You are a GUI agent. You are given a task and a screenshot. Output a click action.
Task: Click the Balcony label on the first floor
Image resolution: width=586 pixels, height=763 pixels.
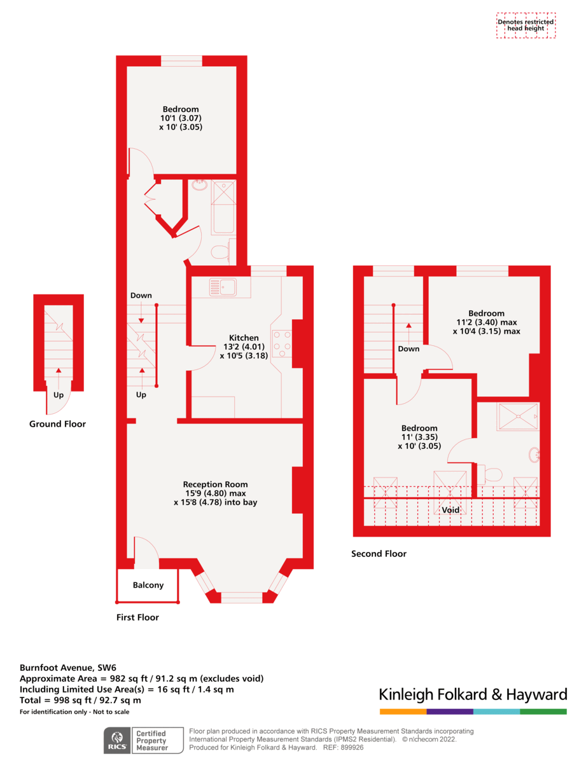pos(148,585)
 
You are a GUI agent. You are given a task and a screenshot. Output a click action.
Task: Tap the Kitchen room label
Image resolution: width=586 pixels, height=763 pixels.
pos(244,338)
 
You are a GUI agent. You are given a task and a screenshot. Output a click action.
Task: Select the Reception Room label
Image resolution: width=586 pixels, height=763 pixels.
pos(215,484)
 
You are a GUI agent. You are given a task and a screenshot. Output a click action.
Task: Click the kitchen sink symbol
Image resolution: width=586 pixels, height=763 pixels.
pos(223,287)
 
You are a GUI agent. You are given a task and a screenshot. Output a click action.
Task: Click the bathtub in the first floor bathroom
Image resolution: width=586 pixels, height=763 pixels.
pos(223,207)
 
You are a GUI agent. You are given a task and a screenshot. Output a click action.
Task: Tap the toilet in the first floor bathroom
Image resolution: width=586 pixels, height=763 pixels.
pos(220,252)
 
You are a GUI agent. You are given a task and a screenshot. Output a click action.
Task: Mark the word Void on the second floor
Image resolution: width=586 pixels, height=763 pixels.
pos(450,510)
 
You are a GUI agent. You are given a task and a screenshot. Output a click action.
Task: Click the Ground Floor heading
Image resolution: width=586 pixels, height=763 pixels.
pos(57,424)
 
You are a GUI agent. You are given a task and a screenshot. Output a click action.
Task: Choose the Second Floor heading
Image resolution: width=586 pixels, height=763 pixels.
pos(379,554)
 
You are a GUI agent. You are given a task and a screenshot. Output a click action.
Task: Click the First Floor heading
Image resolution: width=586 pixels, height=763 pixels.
pos(137,617)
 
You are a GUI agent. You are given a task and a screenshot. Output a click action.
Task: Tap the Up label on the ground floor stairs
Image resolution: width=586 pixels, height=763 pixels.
pos(59,394)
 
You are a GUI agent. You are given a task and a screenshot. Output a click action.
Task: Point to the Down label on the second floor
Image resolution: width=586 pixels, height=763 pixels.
pos(408,348)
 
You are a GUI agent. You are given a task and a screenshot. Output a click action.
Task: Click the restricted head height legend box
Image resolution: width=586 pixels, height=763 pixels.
pos(526,25)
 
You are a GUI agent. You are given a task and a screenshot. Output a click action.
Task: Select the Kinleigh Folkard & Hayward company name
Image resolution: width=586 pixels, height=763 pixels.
pos(473,694)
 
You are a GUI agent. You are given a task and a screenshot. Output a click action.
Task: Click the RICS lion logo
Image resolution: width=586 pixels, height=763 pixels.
pos(116,740)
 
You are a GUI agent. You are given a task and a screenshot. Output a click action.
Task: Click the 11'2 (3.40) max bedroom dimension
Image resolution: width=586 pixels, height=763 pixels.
pos(486,322)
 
